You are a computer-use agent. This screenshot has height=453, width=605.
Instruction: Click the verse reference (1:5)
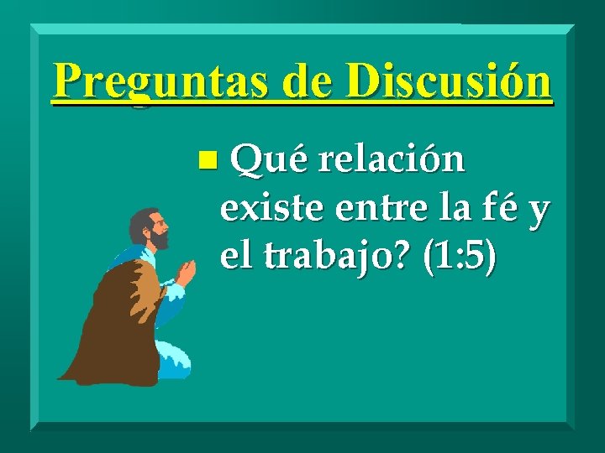point(460,258)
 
